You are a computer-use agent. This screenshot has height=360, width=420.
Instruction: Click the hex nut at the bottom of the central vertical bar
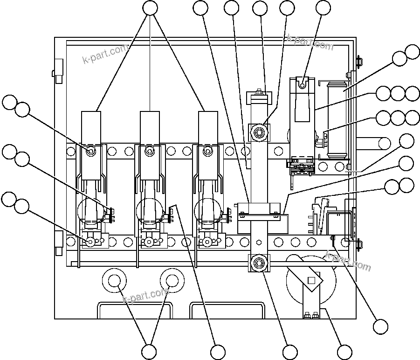click(x=258, y=263)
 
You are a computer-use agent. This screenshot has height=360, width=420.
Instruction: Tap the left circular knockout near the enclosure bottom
click(x=114, y=280)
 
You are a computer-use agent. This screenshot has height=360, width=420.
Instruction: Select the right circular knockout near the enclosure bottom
click(x=172, y=280)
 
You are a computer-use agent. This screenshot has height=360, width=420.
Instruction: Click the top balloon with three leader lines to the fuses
click(x=150, y=8)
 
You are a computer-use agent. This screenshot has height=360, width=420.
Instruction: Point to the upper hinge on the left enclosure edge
click(x=58, y=70)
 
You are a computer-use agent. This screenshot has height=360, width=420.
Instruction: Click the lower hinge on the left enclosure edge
click(x=58, y=243)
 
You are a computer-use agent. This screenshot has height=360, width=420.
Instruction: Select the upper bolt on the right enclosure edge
click(x=358, y=61)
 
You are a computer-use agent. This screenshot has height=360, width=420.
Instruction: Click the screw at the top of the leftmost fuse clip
click(x=91, y=151)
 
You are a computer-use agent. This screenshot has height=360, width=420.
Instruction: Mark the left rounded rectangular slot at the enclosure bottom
click(x=135, y=310)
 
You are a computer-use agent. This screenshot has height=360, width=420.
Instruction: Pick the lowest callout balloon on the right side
click(x=380, y=326)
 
